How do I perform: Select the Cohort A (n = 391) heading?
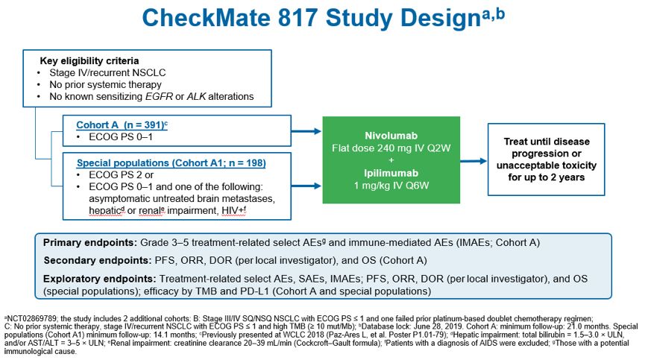(x=121, y=124)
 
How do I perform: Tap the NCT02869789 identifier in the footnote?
(x=29, y=318)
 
